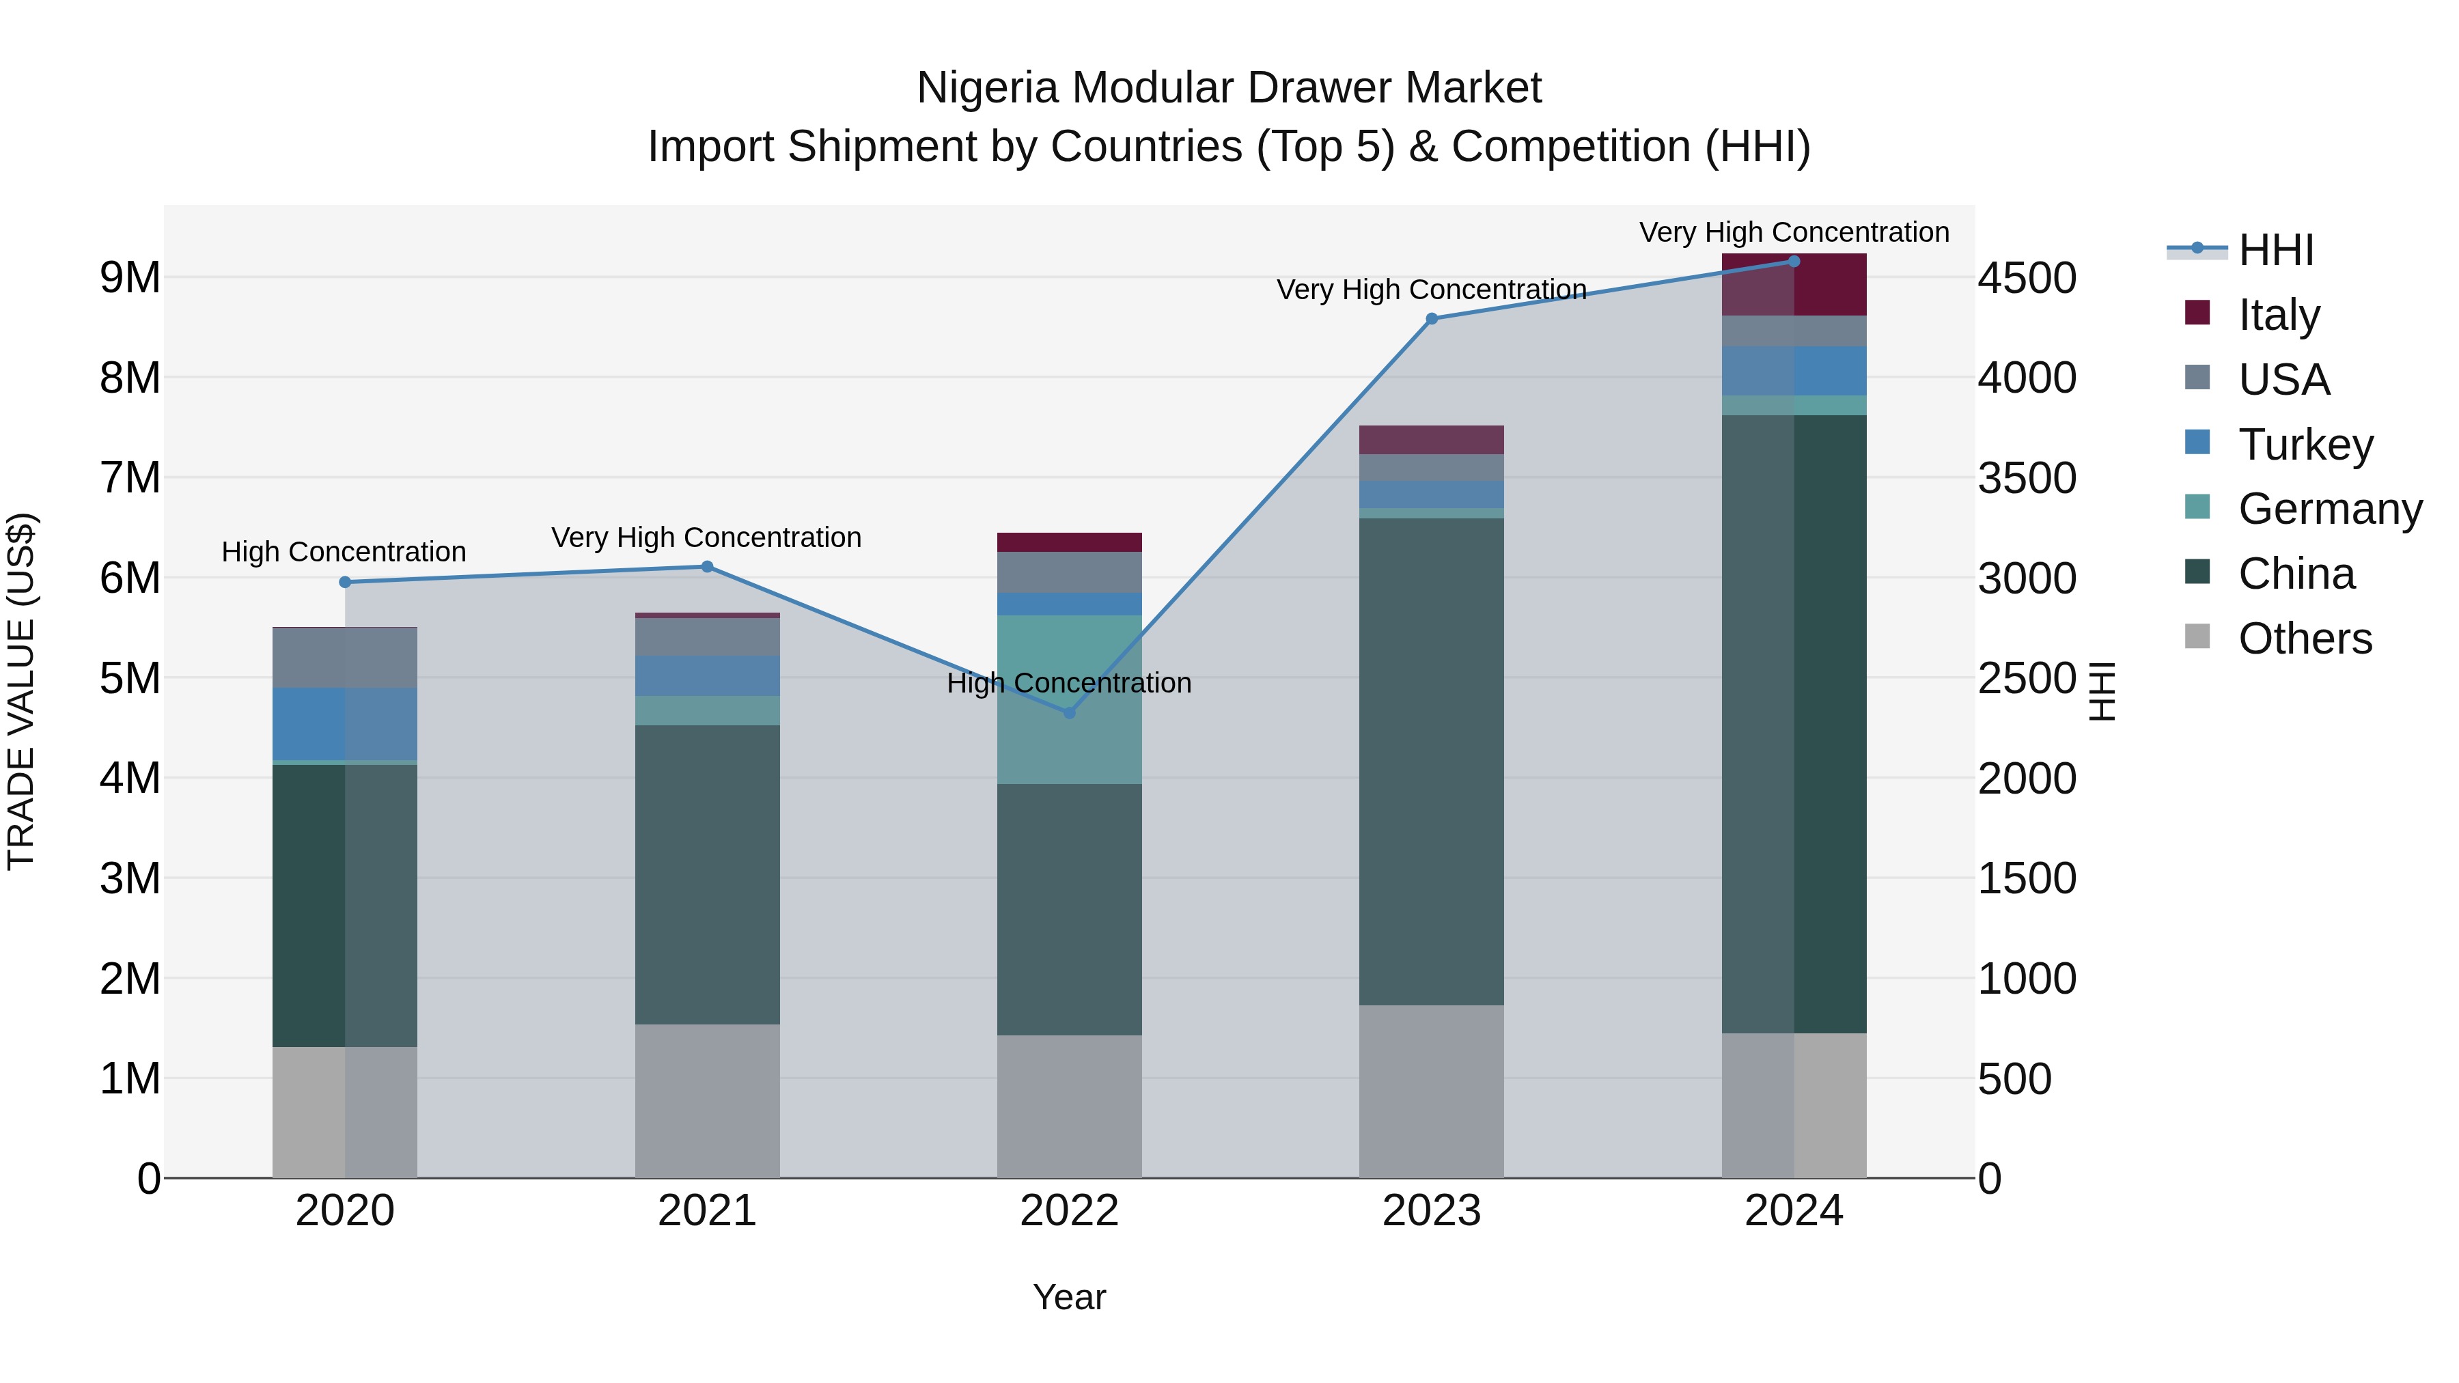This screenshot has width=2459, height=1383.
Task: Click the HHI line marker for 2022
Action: tap(1069, 713)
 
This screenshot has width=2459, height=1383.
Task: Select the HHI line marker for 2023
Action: tap(1431, 319)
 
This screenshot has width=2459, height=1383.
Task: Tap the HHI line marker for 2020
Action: tap(346, 582)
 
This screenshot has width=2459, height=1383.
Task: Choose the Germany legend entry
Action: tap(2329, 509)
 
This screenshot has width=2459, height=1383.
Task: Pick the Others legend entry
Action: tap(2305, 639)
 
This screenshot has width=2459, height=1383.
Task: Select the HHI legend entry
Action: tap(2276, 250)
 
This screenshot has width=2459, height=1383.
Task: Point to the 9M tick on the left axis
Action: tap(130, 278)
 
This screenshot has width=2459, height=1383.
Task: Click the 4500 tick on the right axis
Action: tap(2026, 279)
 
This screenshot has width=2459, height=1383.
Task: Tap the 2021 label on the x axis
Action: tap(706, 1211)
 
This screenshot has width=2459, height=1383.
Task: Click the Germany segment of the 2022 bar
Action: tap(1069, 699)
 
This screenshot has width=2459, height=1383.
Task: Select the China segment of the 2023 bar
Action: tap(1431, 761)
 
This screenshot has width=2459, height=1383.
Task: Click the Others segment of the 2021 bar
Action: tap(706, 1100)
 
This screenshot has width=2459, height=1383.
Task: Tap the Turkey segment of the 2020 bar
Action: tap(345, 723)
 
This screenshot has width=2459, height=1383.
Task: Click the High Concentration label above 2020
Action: tap(344, 552)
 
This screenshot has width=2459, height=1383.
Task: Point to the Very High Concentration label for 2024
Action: tap(1794, 232)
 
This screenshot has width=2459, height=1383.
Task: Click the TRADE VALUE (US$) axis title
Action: tap(21, 691)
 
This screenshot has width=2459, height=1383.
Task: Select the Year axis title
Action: tap(1069, 1297)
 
